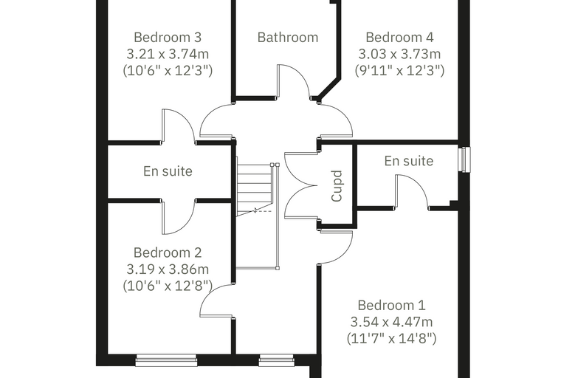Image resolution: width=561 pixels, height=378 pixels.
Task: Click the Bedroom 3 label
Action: (168, 37)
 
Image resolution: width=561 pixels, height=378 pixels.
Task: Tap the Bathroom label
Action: (288, 37)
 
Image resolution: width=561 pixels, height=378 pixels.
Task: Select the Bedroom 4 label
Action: (399, 37)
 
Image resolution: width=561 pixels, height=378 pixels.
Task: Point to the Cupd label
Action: (337, 186)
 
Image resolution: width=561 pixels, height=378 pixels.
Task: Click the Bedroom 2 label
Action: (168, 252)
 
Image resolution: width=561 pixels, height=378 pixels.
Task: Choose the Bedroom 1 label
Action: (391, 306)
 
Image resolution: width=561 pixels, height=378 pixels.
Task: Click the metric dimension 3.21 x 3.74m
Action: (168, 54)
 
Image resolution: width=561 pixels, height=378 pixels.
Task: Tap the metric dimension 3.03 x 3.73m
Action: (399, 54)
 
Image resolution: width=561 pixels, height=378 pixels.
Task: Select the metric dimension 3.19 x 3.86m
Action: (168, 269)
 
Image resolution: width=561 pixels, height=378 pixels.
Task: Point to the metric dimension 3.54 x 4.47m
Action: (391, 322)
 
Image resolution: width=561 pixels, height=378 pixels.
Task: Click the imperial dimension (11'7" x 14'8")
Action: (391, 338)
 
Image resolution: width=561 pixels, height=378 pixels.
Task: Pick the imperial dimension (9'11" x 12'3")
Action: (399, 71)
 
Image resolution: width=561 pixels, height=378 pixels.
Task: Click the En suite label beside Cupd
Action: (409, 161)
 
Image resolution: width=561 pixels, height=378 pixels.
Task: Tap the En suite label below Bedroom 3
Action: (168, 171)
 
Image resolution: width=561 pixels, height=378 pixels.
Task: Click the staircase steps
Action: (255, 190)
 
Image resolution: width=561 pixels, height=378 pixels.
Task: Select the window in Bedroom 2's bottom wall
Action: (166, 360)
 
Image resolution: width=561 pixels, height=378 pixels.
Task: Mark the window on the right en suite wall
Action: (465, 159)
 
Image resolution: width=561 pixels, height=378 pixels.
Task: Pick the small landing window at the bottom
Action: (276, 360)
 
